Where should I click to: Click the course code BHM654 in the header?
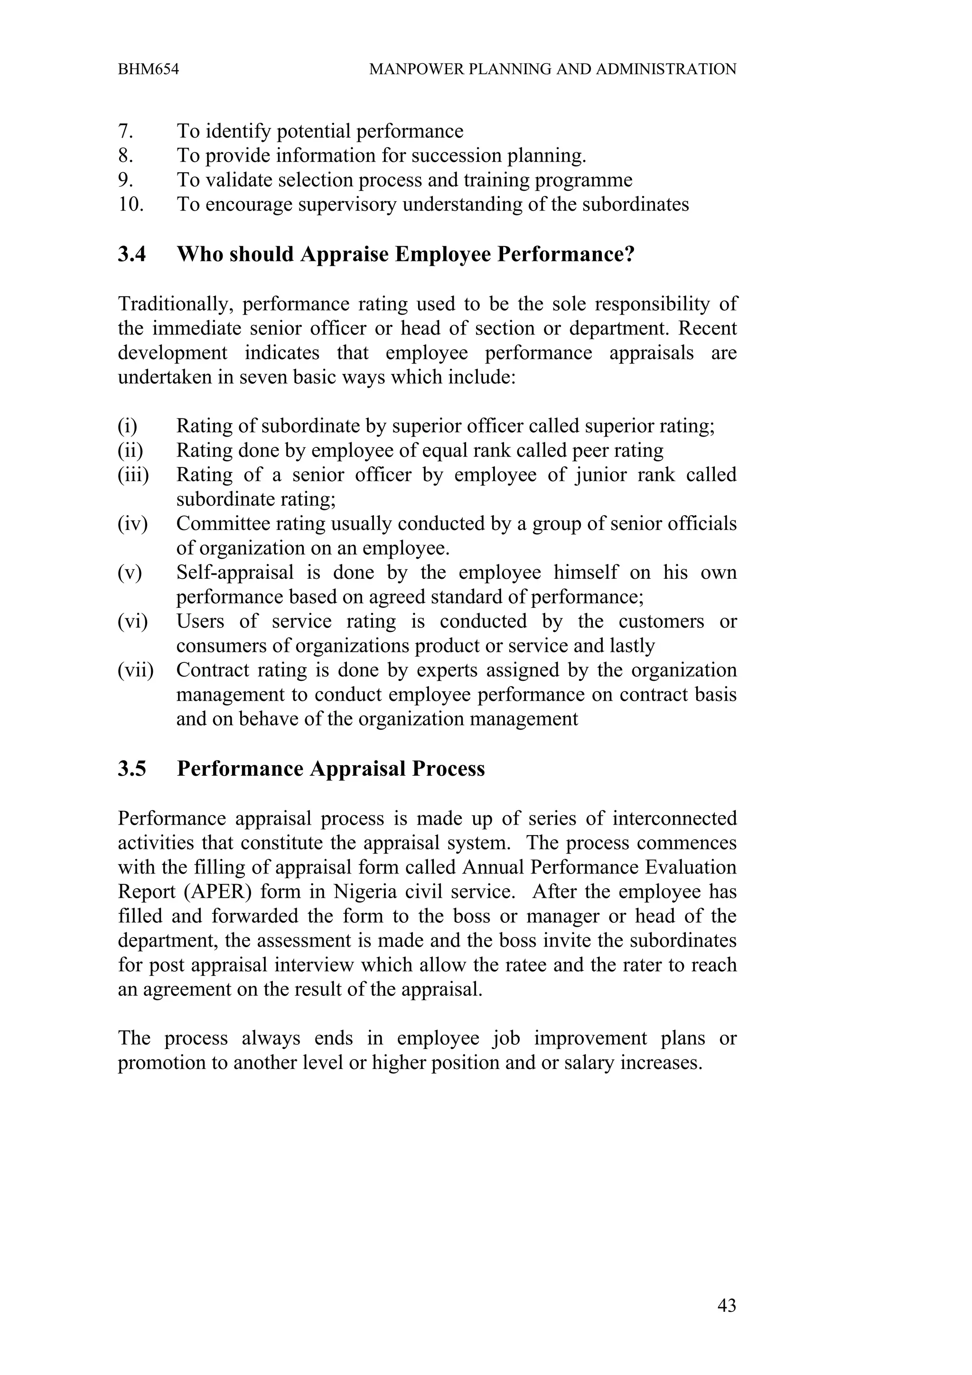[148, 69]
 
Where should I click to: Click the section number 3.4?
[132, 254]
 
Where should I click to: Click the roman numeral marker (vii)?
[135, 670]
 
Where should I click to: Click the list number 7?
[125, 131]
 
